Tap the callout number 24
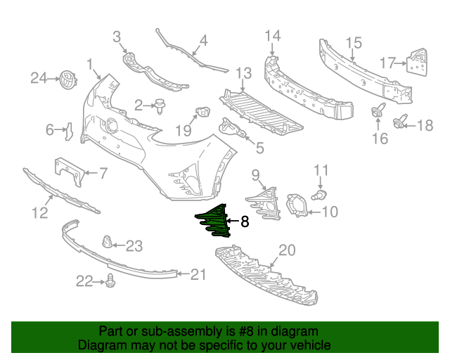(x=39, y=78)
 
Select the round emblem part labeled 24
(x=68, y=79)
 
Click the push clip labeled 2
(x=160, y=106)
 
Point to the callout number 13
(x=243, y=74)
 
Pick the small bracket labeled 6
(x=69, y=131)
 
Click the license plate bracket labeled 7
(x=69, y=172)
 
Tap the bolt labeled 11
(x=319, y=195)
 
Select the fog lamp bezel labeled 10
(x=297, y=205)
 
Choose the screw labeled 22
(x=110, y=281)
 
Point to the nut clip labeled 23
(x=107, y=242)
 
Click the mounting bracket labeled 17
(x=417, y=63)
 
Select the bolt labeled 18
(x=400, y=122)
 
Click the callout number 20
(x=287, y=250)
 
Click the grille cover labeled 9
(x=264, y=204)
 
